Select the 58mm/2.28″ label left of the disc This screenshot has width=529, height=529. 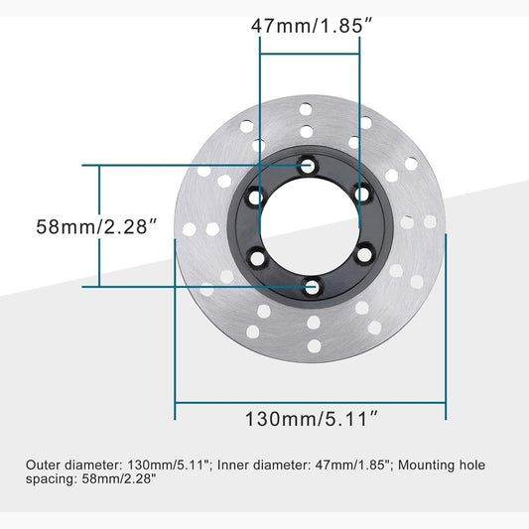tap(98, 226)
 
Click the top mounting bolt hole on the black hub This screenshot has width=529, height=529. tap(311, 166)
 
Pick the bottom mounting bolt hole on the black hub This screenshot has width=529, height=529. tap(311, 287)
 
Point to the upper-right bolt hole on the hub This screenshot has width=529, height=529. tap(362, 195)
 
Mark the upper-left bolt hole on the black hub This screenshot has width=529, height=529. tap(258, 197)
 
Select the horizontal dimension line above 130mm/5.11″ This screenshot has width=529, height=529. tap(311, 401)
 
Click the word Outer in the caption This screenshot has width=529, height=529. tap(45, 463)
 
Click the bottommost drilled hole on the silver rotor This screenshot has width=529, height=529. tap(312, 347)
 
